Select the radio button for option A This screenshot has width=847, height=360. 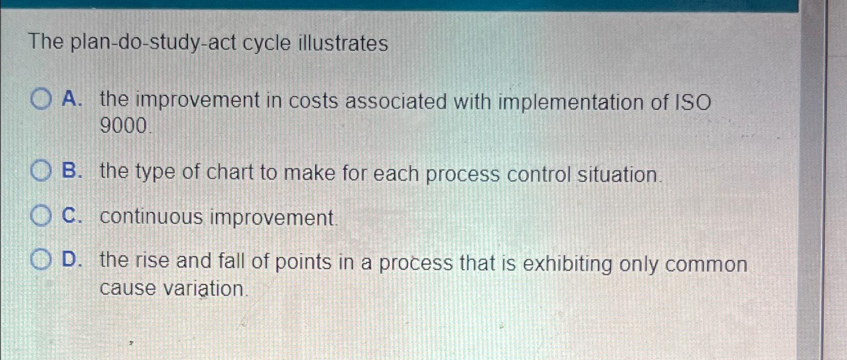(x=41, y=99)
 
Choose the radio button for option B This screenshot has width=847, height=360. (x=41, y=171)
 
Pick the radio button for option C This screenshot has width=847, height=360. (x=40, y=216)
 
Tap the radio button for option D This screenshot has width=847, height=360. (x=40, y=260)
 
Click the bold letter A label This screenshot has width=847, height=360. (x=71, y=99)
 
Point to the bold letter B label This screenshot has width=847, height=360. (x=71, y=171)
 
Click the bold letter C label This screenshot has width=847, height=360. (x=71, y=216)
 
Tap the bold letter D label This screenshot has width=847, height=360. (x=71, y=260)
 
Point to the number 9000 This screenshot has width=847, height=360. (x=124, y=125)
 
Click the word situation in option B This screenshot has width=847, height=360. (x=618, y=175)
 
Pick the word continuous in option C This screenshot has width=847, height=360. (x=152, y=217)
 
